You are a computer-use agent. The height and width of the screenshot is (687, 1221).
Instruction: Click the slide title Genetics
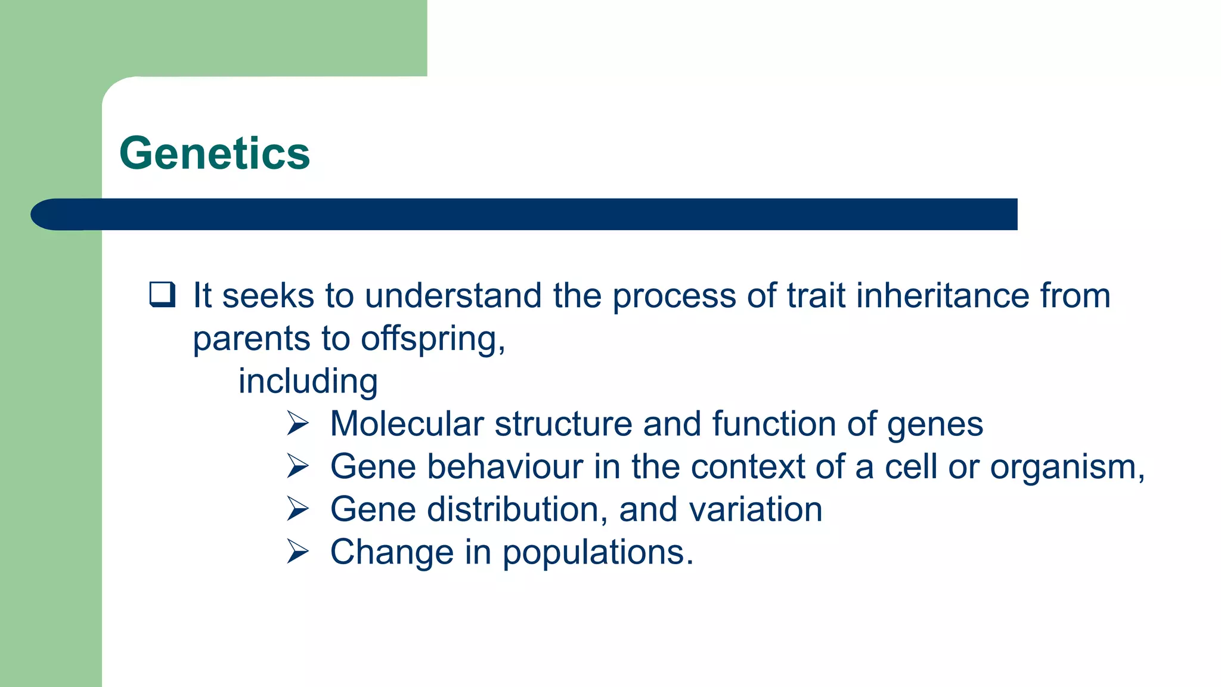tap(215, 153)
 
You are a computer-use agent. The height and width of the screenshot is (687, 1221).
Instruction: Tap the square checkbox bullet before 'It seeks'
tap(162, 295)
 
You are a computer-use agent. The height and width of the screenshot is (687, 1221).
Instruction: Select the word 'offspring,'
tap(433, 339)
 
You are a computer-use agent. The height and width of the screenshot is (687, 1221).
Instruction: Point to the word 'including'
tap(308, 382)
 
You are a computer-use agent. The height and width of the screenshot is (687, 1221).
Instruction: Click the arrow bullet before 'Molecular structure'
tap(297, 423)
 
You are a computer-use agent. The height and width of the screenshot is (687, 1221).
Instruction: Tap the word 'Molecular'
tap(407, 424)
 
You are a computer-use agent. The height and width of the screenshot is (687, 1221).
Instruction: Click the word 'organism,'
tap(1067, 468)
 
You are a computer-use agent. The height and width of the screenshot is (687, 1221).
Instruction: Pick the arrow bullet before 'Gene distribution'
tap(297, 509)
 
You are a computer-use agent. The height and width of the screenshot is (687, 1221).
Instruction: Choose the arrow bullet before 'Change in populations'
tap(297, 552)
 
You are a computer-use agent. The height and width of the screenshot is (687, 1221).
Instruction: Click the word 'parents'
tap(251, 339)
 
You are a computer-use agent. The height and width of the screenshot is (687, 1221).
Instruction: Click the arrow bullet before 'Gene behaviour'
tap(297, 466)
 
